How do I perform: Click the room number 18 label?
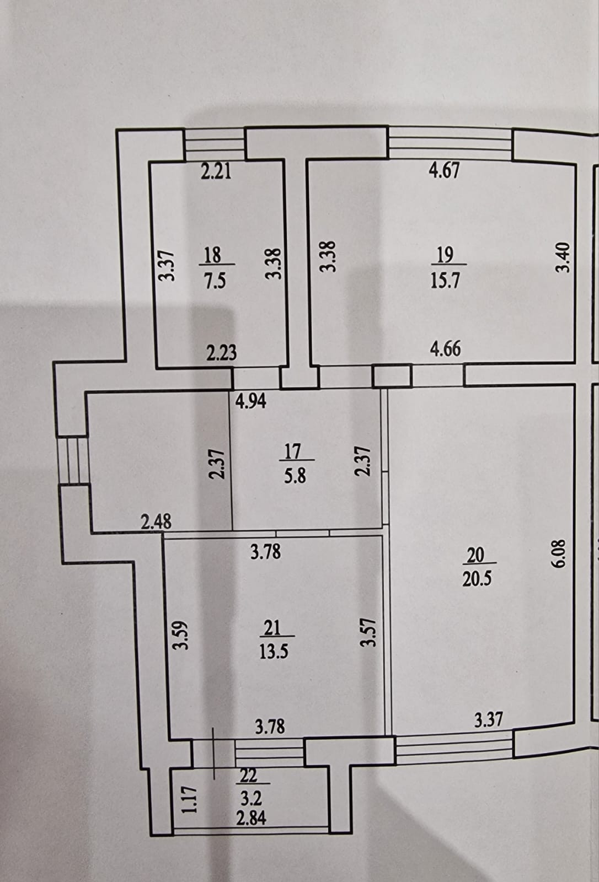click(x=212, y=255)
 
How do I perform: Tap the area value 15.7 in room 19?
click(x=445, y=281)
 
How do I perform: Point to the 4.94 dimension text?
click(x=251, y=401)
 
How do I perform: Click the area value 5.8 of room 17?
click(x=295, y=475)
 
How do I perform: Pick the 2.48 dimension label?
click(x=156, y=521)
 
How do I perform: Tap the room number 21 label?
click(x=272, y=628)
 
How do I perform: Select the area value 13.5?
click(x=274, y=652)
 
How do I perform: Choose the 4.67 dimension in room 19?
click(x=444, y=170)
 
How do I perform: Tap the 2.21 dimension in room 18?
click(x=216, y=171)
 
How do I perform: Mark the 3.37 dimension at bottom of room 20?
click(x=489, y=719)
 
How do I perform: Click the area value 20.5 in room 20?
click(x=477, y=579)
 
